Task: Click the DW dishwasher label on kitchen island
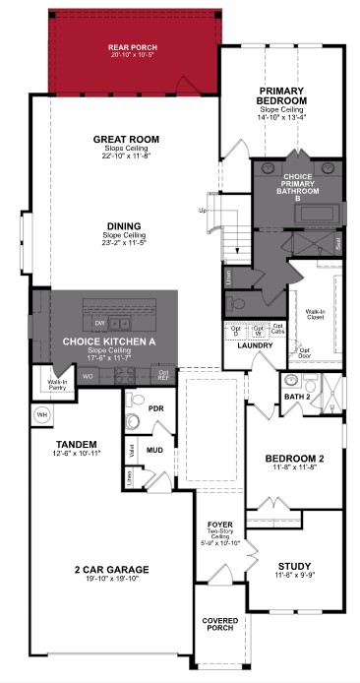99,323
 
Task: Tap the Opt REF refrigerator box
163,373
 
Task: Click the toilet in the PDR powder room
135,421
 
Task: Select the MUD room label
154,450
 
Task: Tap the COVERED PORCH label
218,625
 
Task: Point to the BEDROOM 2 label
293,459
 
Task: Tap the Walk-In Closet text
316,312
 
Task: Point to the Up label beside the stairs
203,211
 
